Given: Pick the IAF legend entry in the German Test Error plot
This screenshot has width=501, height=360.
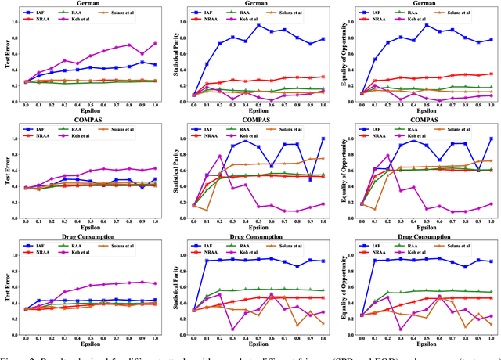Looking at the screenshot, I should (x=40, y=13).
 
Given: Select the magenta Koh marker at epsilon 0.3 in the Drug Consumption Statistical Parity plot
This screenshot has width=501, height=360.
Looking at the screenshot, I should (x=232, y=329).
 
